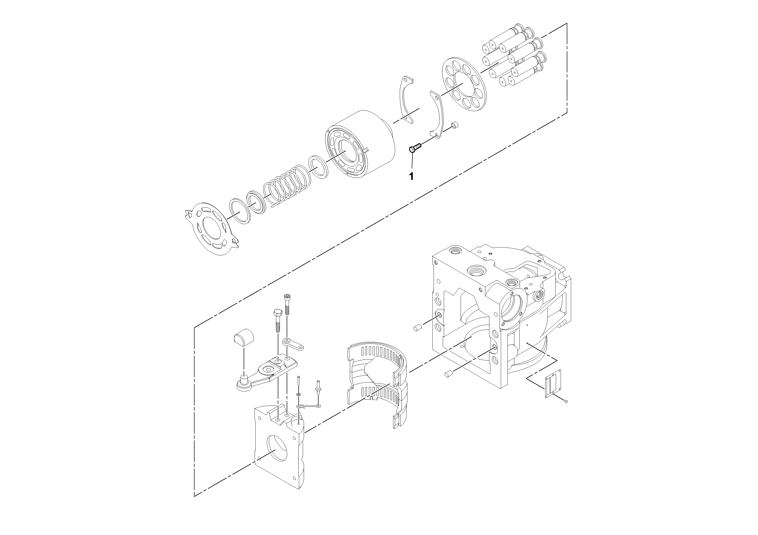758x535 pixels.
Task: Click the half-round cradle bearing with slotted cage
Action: pos(376,379)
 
